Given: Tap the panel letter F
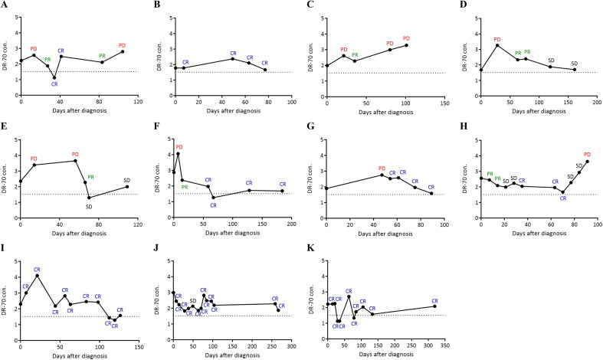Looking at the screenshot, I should coord(158,124).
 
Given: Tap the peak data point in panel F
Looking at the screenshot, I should coord(179,154).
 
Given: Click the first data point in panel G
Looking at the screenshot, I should coord(327,188).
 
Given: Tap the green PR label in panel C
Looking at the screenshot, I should coord(355,55).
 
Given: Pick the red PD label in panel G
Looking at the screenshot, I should coord(381,169).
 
